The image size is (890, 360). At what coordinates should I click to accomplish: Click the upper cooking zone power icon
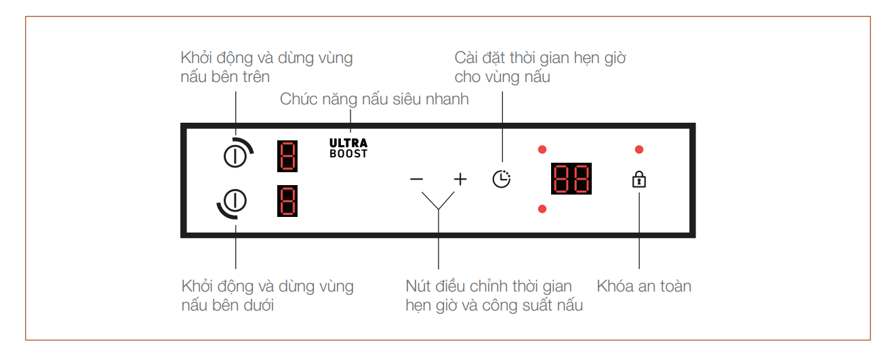[235, 155]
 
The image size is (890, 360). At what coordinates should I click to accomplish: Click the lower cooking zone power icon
[235, 201]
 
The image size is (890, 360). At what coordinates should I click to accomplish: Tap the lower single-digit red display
[287, 201]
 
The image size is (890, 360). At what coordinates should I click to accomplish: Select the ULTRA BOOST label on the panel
[348, 148]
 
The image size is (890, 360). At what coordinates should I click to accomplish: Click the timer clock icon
[502, 179]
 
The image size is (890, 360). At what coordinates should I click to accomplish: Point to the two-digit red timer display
[571, 179]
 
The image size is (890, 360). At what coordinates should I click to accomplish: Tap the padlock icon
[639, 180]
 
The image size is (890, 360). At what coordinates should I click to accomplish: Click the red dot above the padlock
[639, 149]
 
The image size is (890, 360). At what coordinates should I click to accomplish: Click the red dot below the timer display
[542, 208]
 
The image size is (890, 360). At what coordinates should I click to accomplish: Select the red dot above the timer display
[542, 149]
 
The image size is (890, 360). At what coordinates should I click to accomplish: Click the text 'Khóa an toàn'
[644, 286]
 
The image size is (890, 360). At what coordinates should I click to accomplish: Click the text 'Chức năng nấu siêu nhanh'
[374, 100]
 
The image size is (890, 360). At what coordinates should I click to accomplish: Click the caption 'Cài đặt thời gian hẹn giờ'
[540, 58]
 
